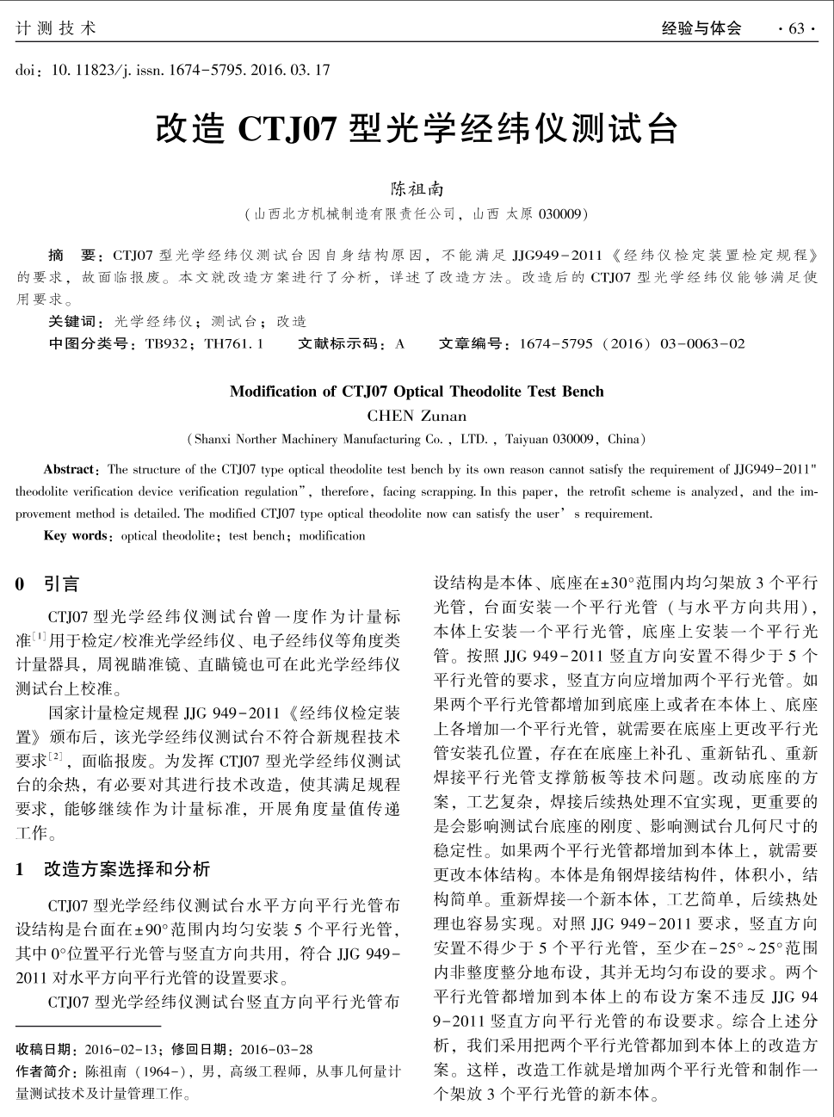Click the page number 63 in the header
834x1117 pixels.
pyautogui.click(x=796, y=28)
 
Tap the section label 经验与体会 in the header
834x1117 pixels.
pyautogui.click(x=701, y=28)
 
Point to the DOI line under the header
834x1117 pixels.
pyautogui.click(x=172, y=70)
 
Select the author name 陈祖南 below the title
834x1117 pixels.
pyautogui.click(x=417, y=188)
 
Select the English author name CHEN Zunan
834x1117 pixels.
pyautogui.click(x=417, y=416)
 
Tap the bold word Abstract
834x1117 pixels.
pyautogui.click(x=70, y=470)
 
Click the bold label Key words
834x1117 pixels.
pyautogui.click(x=75, y=535)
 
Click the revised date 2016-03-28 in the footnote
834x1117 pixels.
pyautogui.click(x=276, y=1049)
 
